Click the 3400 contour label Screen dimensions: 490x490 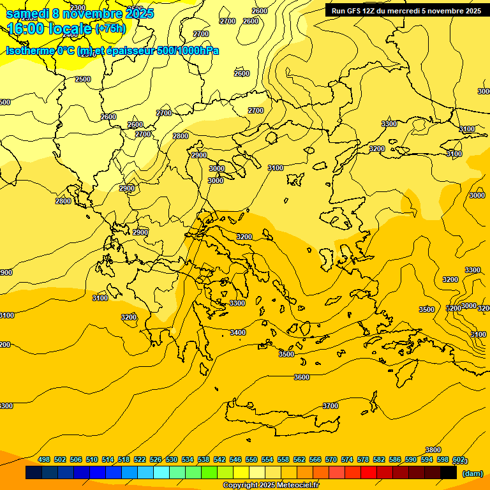tap(238, 332)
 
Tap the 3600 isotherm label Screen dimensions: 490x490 tap(302, 377)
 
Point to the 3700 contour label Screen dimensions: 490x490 tap(330, 406)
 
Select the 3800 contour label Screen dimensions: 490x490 tap(433, 450)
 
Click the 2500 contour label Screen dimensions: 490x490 tap(83, 79)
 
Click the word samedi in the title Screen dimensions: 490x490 tap(27, 13)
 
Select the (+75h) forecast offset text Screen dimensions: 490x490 tap(110, 29)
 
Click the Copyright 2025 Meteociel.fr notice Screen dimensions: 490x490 tap(271, 486)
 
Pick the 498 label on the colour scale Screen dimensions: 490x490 tap(44, 459)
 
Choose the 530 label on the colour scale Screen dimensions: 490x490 tap(172, 459)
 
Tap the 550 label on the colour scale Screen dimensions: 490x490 tap(251, 459)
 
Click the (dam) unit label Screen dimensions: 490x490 tap(472, 473)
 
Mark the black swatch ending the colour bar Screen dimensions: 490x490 tap(449, 473)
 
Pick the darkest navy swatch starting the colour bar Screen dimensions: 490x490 tap(34, 473)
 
